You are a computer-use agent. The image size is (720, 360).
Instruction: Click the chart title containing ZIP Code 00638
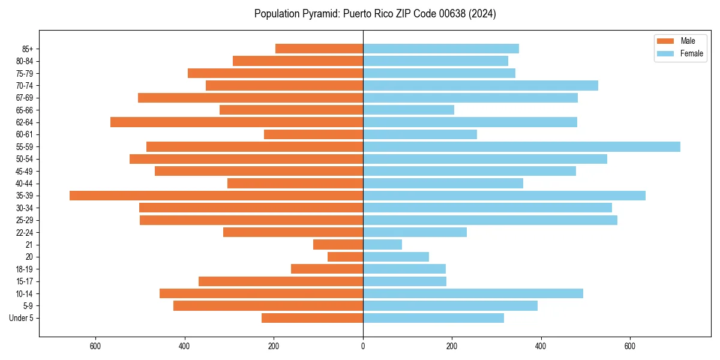coord(375,14)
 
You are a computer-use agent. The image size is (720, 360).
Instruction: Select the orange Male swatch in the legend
coord(665,41)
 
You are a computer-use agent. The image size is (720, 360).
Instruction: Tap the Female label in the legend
coord(691,54)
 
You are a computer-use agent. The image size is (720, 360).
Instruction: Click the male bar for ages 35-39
coord(216,196)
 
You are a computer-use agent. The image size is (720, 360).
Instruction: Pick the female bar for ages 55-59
coord(521,146)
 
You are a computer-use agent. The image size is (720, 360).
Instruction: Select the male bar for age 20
coord(345,257)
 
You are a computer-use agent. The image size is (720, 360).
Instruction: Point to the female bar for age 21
coord(382,245)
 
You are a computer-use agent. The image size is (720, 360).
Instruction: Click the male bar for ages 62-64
coord(236,122)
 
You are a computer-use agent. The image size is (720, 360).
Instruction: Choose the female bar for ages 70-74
coord(480,85)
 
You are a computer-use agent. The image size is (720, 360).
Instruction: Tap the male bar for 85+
coord(319,49)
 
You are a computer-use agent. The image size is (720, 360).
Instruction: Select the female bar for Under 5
coord(433,318)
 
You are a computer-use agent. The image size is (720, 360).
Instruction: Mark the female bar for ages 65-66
coord(408,110)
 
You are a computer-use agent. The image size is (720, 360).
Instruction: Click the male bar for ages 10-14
coord(261,293)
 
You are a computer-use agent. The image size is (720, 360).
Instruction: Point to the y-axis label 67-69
coord(24,98)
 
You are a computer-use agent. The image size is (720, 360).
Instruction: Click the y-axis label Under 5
coord(21,318)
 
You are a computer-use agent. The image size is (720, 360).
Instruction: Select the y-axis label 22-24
coord(24,232)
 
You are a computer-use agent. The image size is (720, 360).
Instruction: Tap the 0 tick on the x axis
coord(363,346)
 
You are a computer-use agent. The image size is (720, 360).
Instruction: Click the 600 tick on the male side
coord(95,346)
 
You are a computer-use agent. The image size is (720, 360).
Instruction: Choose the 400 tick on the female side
coord(541,346)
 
